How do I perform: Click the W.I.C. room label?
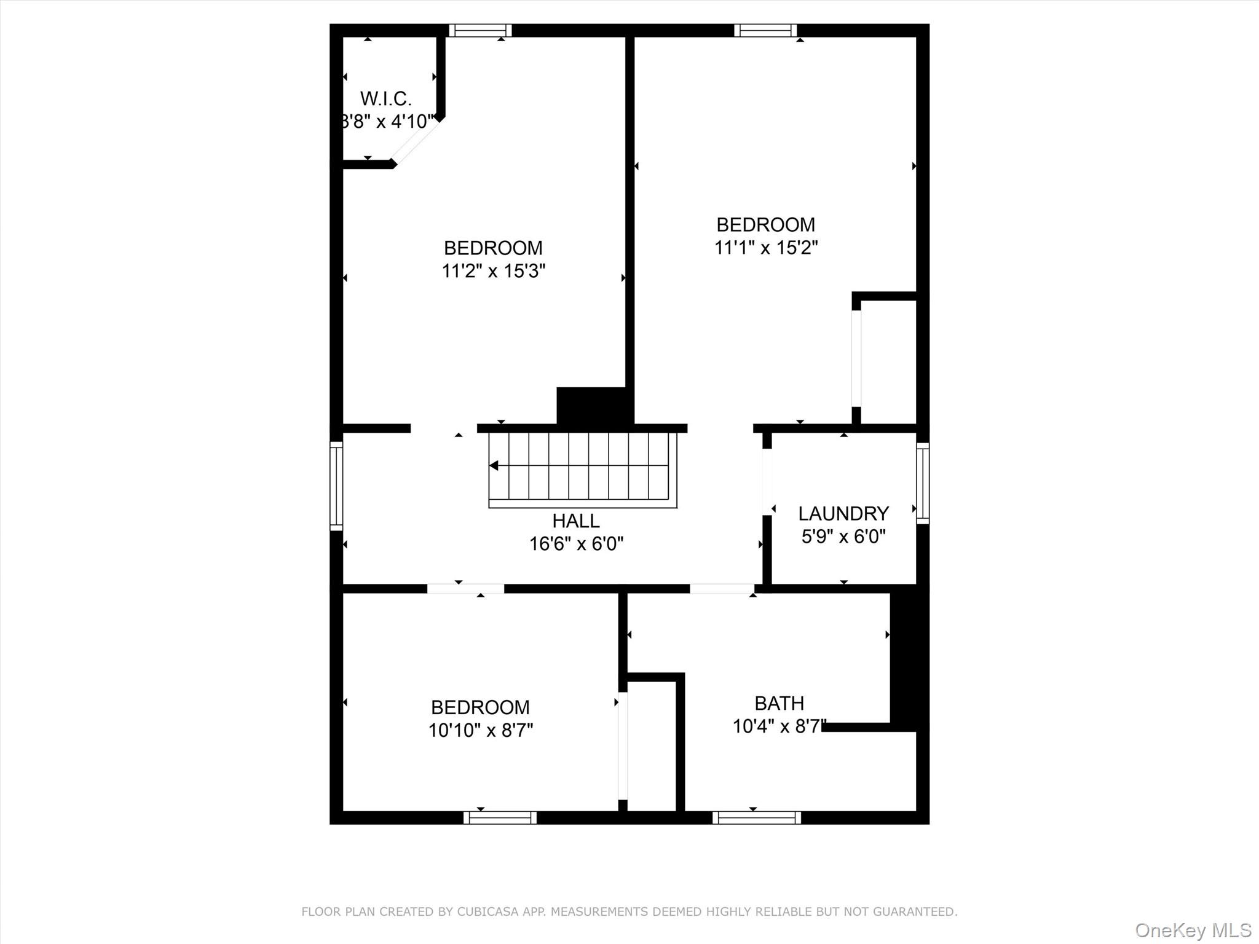[385, 98]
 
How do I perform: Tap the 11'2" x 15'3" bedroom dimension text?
[493, 271]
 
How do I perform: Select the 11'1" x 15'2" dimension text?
[765, 248]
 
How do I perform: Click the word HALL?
[575, 521]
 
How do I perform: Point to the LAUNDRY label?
[843, 513]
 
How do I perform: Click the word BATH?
[779, 703]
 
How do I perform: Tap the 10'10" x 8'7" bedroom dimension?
[480, 730]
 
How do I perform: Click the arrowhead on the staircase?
[494, 466]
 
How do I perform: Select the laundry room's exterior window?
[922, 483]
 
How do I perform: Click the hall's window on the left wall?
[336, 486]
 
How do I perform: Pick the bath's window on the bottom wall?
[756, 817]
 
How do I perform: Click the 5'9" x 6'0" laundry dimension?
[843, 537]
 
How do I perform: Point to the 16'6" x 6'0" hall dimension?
[576, 544]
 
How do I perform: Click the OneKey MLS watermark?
[1193, 930]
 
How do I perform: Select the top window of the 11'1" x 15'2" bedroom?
[765, 30]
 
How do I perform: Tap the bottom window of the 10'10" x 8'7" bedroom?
[500, 817]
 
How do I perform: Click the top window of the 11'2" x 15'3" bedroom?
[480, 30]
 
